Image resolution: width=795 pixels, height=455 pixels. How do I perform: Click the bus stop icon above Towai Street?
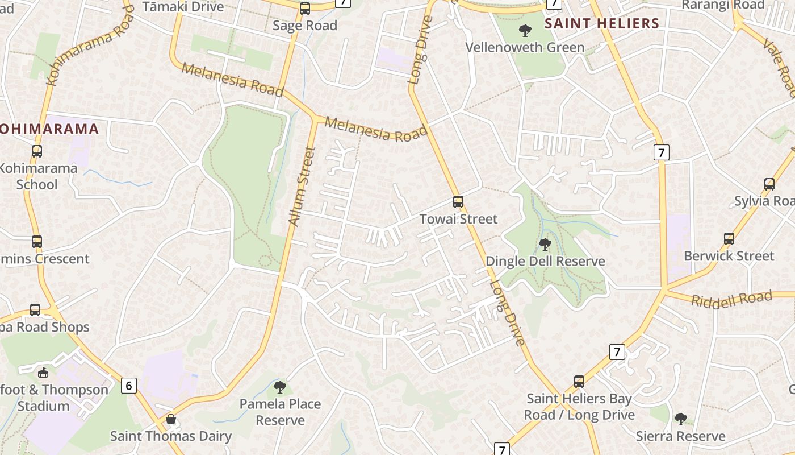click(458, 202)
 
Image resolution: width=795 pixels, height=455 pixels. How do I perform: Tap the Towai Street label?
click(458, 219)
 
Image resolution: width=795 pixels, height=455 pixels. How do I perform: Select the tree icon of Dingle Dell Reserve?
click(545, 245)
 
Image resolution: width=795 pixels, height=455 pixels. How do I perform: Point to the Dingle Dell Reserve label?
click(545, 262)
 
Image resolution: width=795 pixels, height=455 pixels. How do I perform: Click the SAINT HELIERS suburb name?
click(602, 23)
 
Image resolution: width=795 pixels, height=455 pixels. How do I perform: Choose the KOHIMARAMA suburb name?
click(49, 129)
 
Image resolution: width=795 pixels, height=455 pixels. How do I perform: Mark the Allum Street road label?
click(302, 187)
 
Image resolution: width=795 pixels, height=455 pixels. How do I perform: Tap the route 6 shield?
click(129, 386)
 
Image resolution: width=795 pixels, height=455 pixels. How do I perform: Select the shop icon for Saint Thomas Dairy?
click(171, 420)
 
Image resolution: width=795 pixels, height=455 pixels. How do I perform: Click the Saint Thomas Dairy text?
click(171, 436)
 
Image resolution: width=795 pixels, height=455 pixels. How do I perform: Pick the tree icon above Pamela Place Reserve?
click(279, 387)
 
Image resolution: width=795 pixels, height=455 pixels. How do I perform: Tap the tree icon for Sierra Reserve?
click(680, 419)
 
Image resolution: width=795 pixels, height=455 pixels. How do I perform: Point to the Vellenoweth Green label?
click(525, 47)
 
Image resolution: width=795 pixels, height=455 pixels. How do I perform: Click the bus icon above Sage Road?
click(305, 9)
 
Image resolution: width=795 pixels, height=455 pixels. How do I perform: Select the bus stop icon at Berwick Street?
click(729, 239)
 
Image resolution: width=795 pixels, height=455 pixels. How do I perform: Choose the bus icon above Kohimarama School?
click(37, 151)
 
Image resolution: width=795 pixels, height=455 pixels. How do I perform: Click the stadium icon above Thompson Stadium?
click(43, 373)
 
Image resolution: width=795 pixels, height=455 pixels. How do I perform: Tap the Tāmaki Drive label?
click(183, 7)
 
